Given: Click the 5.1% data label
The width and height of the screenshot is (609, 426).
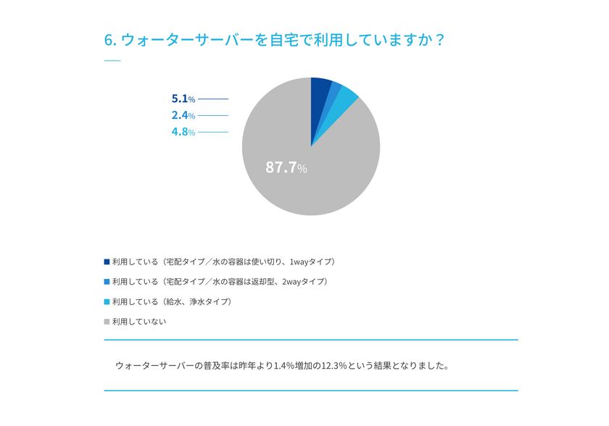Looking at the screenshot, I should [x=183, y=99].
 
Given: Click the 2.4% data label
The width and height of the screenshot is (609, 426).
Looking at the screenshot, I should [x=183, y=115].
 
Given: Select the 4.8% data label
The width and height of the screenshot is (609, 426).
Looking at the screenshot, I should [x=183, y=132].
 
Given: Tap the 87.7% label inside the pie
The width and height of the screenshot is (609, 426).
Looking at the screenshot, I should [x=286, y=168].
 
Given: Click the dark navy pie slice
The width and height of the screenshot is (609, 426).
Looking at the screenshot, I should [x=320, y=90].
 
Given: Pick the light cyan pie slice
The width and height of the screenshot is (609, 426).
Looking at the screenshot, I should [x=346, y=97].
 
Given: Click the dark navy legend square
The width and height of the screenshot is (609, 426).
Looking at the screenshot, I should [x=107, y=262].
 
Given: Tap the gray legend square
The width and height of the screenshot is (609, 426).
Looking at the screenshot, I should [x=107, y=322].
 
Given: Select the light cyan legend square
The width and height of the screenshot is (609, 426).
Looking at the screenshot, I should [x=107, y=301].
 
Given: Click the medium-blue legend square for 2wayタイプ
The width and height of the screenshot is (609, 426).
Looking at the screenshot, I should [x=107, y=281].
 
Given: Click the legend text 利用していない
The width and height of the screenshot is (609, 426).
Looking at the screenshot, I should [x=139, y=322].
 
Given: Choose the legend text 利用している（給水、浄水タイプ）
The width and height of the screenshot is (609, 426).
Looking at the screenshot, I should [x=172, y=301].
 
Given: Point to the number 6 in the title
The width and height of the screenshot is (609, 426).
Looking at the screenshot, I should [x=109, y=40].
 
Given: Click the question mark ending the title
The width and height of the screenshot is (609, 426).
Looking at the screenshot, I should [x=439, y=40].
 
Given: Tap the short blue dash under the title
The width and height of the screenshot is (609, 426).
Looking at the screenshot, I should [x=112, y=61].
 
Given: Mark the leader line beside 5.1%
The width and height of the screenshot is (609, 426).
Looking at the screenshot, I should [x=212, y=99].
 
